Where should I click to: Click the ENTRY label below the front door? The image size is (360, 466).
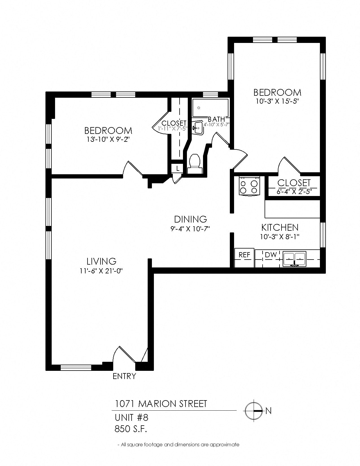tap(124, 376)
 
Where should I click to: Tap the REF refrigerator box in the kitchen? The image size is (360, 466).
tap(245, 258)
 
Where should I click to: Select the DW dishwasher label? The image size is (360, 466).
tap(271, 255)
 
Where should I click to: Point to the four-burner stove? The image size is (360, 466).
tap(249, 186)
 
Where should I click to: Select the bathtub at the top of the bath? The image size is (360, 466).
tap(210, 108)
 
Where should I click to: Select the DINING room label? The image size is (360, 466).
tap(190, 219)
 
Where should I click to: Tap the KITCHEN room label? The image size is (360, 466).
tap(280, 227)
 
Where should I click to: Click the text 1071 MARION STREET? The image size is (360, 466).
tap(161, 404)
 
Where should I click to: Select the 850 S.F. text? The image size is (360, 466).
tap(131, 429)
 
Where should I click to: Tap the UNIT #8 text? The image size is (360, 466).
tap(131, 417)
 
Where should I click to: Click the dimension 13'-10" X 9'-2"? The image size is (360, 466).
tap(108, 140)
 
